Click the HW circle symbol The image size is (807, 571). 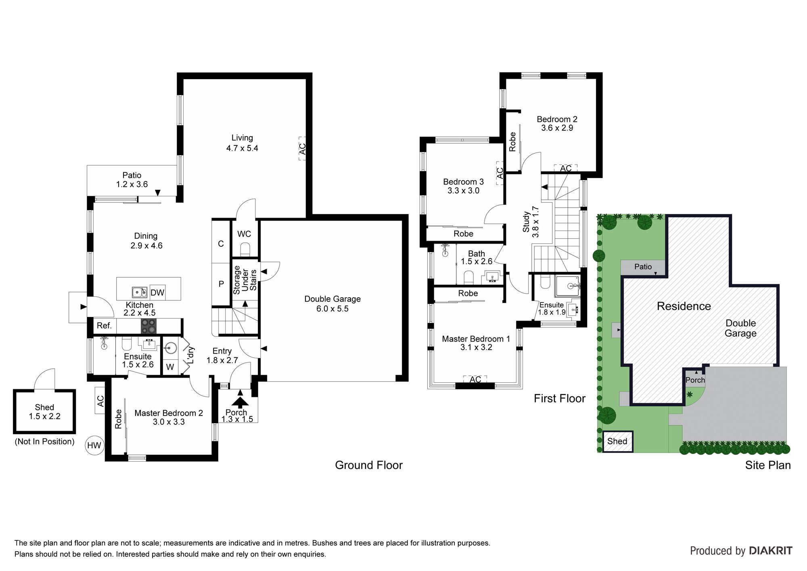[94, 446]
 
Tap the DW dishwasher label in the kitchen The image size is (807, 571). [157, 292]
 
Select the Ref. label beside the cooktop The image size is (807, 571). [104, 325]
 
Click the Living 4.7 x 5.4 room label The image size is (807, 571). [242, 143]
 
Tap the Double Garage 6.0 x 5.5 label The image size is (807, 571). [332, 304]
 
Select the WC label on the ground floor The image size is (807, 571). [244, 234]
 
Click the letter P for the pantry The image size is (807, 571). [221, 284]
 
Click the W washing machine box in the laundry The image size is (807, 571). [170, 366]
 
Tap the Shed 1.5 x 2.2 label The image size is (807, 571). [44, 412]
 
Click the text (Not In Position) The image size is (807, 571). [44, 441]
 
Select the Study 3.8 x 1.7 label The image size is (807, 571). [531, 222]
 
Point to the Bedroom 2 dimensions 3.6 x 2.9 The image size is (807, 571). [557, 128]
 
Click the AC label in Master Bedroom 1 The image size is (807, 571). [475, 380]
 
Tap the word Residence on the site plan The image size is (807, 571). [684, 306]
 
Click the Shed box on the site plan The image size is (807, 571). [617, 441]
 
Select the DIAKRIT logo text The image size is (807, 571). [771, 551]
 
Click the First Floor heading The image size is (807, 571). [560, 399]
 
